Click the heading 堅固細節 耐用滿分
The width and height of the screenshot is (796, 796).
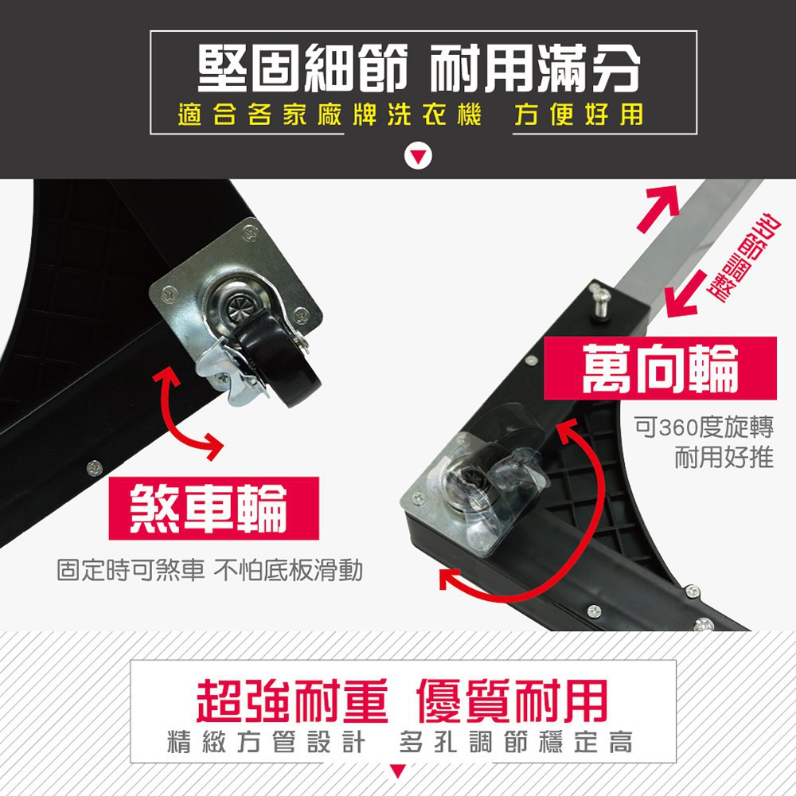pos(419,68)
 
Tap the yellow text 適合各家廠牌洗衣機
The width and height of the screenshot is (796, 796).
pos(330,114)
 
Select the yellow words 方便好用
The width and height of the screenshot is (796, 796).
pos(579,114)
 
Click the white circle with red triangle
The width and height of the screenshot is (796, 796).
pos(418,156)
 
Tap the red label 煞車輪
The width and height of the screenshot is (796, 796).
pos(213,508)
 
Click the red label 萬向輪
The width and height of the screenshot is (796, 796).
pos(660,368)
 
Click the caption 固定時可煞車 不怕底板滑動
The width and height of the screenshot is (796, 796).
pos(209,570)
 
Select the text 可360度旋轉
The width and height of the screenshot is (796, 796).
pos(704,427)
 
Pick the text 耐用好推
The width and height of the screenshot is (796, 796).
pos(724,458)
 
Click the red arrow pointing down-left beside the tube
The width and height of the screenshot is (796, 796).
pos(685,295)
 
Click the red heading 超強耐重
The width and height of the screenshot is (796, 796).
pos(292,700)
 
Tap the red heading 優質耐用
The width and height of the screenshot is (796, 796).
pos(512,700)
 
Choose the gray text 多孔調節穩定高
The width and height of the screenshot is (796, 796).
pos(517,742)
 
